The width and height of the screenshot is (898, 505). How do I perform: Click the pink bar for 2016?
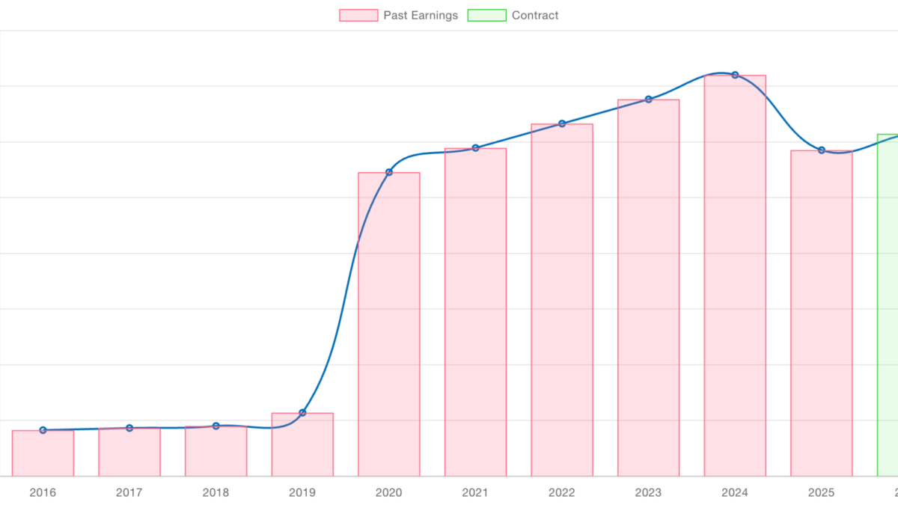43,453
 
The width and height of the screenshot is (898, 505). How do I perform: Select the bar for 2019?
302,444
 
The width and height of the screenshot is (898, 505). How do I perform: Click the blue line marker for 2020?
389,172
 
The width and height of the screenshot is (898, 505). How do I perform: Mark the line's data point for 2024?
735,75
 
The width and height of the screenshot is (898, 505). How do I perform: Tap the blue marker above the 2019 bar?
302,412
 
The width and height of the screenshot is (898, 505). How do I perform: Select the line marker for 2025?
821,150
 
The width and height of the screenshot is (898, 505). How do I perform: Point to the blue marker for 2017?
129,428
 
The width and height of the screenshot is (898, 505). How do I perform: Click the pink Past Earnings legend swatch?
358,15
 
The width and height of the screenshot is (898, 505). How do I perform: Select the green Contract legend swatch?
486,15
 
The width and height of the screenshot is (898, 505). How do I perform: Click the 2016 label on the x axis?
43,492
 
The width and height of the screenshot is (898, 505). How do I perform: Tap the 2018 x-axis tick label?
216,492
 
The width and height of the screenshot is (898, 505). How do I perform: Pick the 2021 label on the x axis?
475,492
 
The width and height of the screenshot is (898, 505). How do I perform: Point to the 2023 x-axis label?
648,492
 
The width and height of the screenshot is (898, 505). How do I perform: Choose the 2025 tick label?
821,492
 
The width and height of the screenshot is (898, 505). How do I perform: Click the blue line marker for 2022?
562,123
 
